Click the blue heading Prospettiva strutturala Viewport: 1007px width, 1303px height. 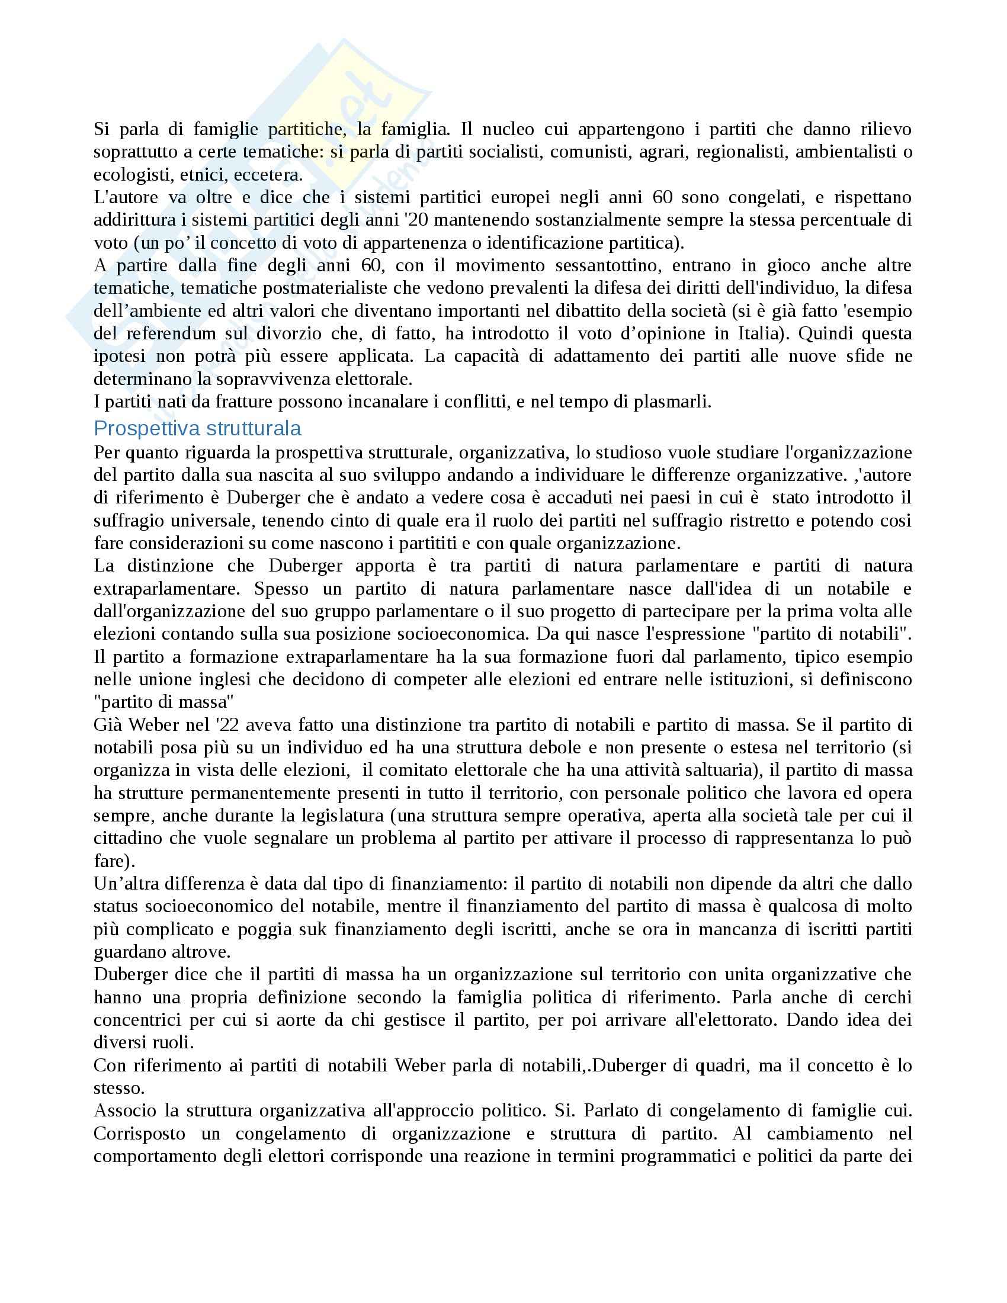[x=197, y=428]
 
